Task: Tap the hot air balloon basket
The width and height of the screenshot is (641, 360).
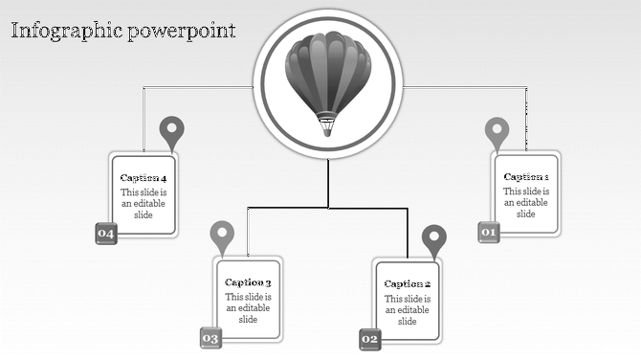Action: point(328,125)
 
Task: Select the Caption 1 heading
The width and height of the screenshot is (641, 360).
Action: point(526,177)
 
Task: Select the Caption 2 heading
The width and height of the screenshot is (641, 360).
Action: point(408,284)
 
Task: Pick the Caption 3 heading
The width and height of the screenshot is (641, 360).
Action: point(249,282)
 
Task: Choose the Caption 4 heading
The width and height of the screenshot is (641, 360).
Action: point(144,178)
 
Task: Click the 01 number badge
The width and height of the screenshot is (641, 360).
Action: point(489,232)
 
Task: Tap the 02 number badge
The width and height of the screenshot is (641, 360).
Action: point(370,339)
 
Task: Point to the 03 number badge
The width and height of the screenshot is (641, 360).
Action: point(210,338)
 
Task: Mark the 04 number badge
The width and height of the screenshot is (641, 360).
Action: point(105,234)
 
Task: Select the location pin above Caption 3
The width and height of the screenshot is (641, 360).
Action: point(222,236)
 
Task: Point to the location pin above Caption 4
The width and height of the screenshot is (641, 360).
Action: point(172,131)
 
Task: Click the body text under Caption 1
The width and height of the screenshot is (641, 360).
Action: point(526,203)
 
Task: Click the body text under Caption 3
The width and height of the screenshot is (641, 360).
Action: point(249,308)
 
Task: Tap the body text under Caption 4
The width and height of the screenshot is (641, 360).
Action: point(144,204)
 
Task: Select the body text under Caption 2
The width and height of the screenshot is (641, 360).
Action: point(408,310)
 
